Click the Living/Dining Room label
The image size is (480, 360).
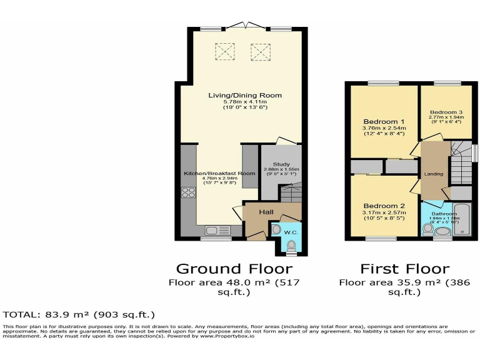click(245, 96)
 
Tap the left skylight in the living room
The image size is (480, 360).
click(224, 51)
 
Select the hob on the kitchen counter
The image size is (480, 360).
click(188, 192)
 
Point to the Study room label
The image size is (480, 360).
click(272, 163)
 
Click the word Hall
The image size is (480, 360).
click(266, 212)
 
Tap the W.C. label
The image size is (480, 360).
click(291, 232)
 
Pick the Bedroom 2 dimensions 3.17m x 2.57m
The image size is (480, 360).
click(384, 213)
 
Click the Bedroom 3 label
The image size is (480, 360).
click(446, 111)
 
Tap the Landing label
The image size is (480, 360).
click(433, 174)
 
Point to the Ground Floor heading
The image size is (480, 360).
click(234, 269)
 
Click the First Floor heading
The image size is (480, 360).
click(404, 269)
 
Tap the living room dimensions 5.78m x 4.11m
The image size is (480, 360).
click(245, 102)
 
